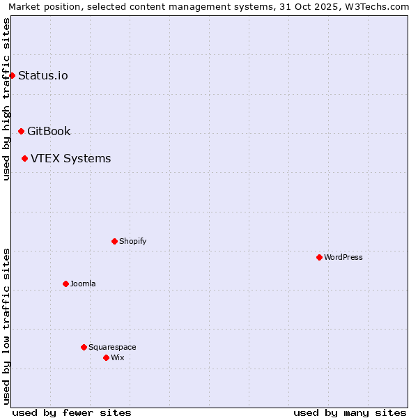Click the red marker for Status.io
click(x=12, y=75)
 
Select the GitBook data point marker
click(x=21, y=131)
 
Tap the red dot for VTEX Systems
click(x=24, y=158)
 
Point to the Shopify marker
click(x=114, y=241)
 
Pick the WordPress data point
click(x=319, y=257)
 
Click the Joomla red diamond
click(x=65, y=284)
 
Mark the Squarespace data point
click(x=84, y=347)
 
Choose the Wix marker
click(x=106, y=357)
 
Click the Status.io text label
click(x=43, y=75)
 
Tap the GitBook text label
click(x=49, y=131)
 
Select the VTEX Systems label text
click(x=70, y=158)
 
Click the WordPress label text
click(x=343, y=257)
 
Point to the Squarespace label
click(x=112, y=347)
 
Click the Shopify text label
click(x=132, y=241)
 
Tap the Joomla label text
click(x=83, y=284)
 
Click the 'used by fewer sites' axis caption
click(x=72, y=412)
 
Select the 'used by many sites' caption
click(x=350, y=412)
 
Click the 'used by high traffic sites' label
click(x=6, y=99)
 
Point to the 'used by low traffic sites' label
click(x=6, y=325)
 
